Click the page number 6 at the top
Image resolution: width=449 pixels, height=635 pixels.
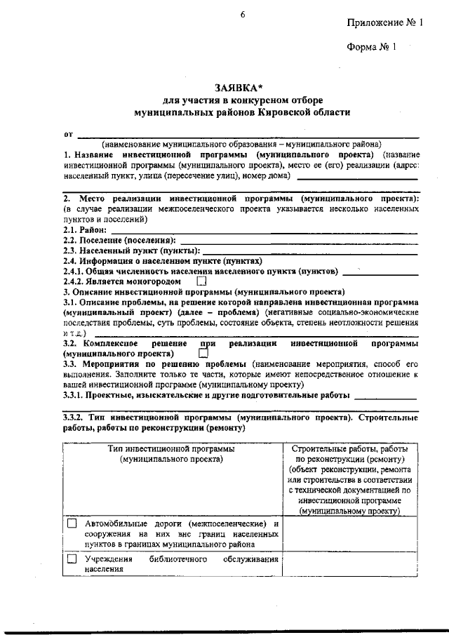tap(241, 15)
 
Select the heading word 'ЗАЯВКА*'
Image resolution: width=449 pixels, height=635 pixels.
tap(241, 88)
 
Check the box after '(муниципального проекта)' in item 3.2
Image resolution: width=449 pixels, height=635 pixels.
tap(203, 354)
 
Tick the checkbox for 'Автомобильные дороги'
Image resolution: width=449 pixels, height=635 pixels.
tap(72, 524)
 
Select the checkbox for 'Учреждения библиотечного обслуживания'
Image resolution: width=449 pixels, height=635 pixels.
tap(72, 559)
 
